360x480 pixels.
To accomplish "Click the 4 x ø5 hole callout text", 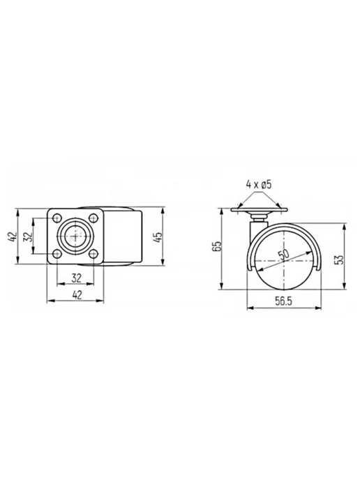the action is (259, 185).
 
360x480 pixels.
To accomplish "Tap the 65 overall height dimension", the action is (218, 246).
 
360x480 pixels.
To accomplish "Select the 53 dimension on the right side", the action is (340, 260).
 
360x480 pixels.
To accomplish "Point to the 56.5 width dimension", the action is (283, 301).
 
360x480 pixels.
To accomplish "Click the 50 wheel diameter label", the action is (283, 255).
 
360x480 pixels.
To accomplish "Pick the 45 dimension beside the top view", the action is (159, 237).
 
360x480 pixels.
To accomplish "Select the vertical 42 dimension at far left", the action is (12, 237).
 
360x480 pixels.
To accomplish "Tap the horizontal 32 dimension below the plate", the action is (76, 278).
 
